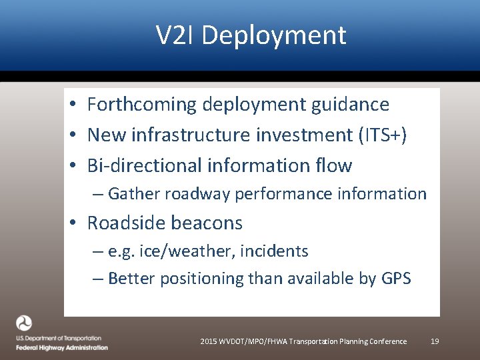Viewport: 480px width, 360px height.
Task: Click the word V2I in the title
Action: [175, 35]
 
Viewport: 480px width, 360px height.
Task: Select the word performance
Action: [289, 195]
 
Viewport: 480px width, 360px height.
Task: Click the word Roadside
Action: [127, 223]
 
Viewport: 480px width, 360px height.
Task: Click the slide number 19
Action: [435, 341]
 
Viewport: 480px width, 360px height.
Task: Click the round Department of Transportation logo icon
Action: [25, 324]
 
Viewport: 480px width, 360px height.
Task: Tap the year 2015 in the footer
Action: [209, 341]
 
